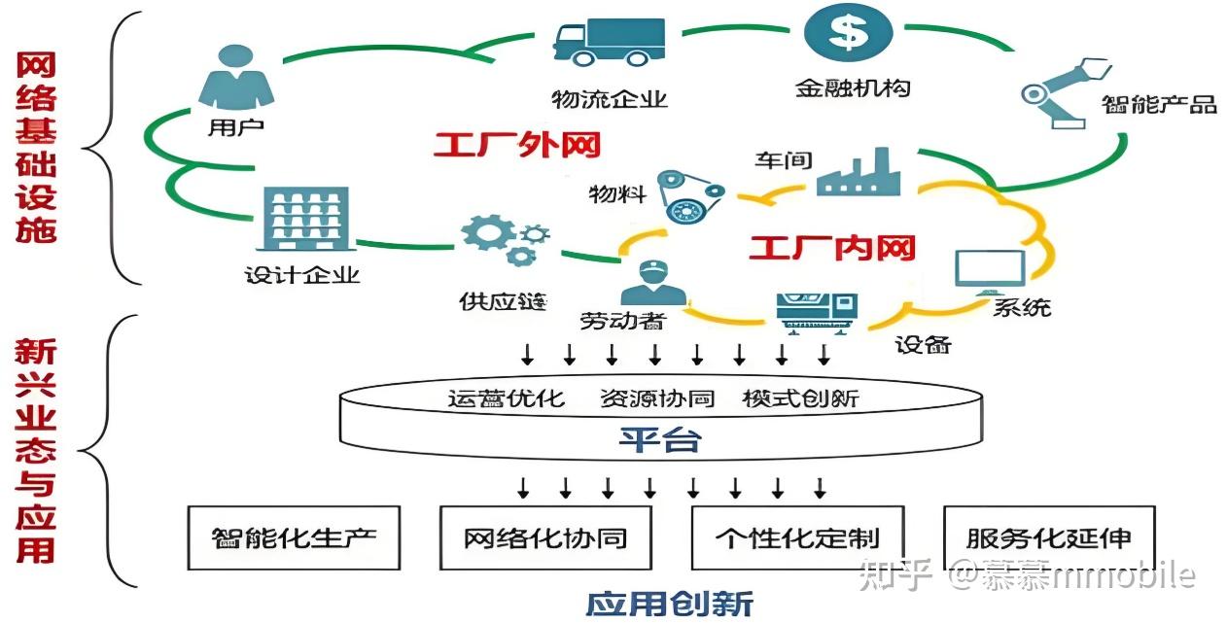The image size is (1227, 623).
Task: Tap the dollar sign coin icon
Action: pyautogui.click(x=849, y=31)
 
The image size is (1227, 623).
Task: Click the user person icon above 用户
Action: pyautogui.click(x=235, y=78)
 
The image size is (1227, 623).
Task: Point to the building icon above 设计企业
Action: pyautogui.click(x=304, y=221)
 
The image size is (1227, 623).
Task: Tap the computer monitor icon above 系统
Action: pyautogui.click(x=990, y=272)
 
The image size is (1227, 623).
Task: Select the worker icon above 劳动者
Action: pyautogui.click(x=652, y=284)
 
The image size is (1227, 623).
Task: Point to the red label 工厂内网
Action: pyautogui.click(x=831, y=248)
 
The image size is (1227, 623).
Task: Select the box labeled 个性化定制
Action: pyautogui.click(x=797, y=537)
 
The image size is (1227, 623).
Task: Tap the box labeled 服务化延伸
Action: pyautogui.click(x=1049, y=537)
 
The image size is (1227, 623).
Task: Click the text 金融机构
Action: pyautogui.click(x=853, y=87)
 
